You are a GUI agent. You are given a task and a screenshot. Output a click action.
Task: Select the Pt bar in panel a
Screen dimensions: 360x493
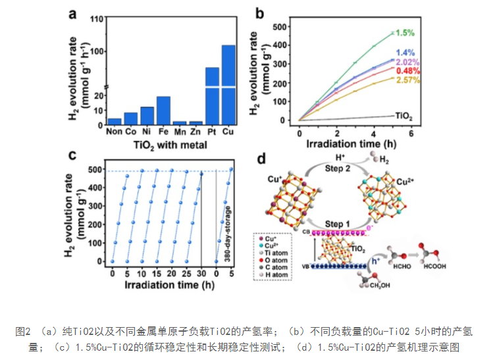[212, 95]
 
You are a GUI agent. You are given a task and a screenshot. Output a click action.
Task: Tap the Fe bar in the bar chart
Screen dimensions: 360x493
[163, 111]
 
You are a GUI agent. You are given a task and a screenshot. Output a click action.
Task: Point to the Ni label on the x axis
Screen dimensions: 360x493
[147, 132]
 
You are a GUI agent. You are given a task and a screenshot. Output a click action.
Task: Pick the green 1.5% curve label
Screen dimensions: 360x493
[405, 32]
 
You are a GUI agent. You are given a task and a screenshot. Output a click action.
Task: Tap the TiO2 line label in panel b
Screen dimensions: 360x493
[403, 116]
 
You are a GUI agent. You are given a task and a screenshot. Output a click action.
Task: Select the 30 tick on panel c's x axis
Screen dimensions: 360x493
[201, 273]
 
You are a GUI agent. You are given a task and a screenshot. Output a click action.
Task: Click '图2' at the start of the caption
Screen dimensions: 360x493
[23, 329]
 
